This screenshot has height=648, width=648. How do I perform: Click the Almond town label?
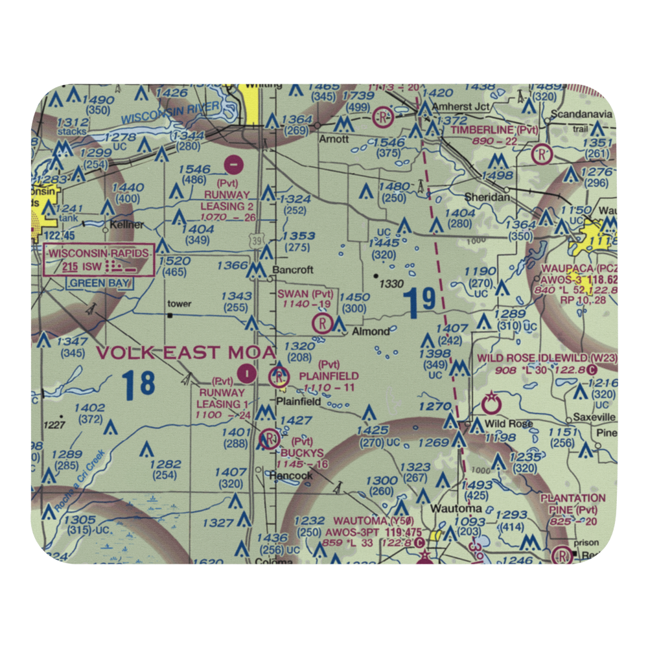371,332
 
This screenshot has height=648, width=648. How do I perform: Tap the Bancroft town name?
292,270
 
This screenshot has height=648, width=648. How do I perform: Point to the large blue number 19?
419,301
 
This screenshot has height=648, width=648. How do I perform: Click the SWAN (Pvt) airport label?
305,294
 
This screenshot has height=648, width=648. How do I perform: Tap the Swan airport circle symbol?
321,323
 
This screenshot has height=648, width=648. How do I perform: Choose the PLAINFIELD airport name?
329,376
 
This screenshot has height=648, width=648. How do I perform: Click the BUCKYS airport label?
302,453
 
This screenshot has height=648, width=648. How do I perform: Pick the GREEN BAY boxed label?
100,283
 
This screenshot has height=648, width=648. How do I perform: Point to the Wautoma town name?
459,508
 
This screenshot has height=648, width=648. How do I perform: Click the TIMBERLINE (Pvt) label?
495,130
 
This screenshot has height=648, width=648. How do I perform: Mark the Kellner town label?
127,225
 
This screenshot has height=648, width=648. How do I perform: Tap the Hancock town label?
291,476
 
